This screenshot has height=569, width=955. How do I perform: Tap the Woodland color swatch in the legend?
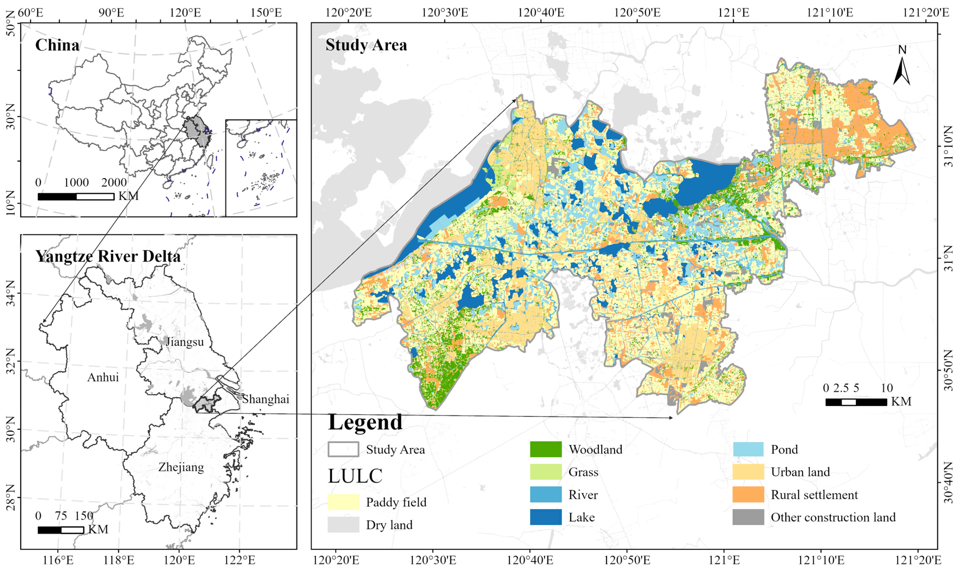click(546, 449)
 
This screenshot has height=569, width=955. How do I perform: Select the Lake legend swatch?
click(546, 517)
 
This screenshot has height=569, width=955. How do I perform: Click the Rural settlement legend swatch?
click(748, 495)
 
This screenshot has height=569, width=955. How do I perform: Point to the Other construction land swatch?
click(748, 517)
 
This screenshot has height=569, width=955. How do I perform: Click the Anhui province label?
click(103, 378)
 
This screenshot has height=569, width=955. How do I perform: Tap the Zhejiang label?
click(181, 467)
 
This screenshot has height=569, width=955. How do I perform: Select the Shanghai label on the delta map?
click(265, 399)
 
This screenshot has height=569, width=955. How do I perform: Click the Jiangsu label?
click(185, 342)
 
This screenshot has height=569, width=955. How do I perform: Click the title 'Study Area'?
click(366, 45)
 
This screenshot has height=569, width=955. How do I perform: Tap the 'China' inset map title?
click(57, 45)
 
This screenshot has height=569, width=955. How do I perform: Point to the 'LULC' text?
click(355, 476)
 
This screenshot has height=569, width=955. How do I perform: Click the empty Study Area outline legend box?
click(343, 449)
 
